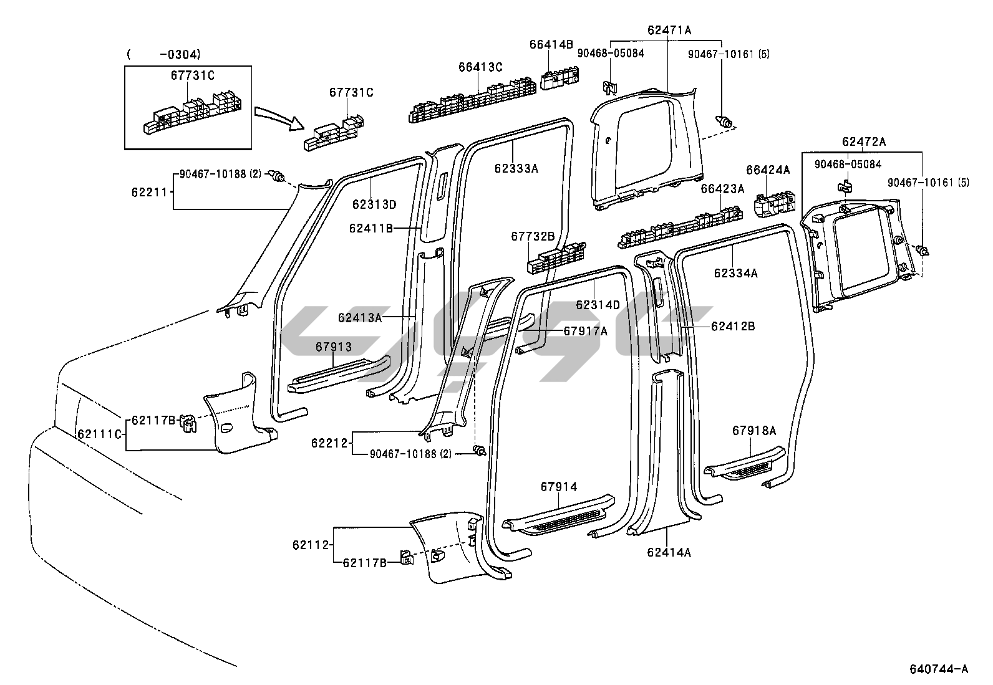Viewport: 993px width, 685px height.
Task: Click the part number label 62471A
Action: (x=669, y=30)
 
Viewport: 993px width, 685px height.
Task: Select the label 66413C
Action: (x=480, y=67)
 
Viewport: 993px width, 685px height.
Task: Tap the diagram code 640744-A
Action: (x=938, y=669)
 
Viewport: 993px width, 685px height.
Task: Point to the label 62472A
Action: (x=863, y=141)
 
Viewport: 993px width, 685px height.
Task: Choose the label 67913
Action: (x=333, y=347)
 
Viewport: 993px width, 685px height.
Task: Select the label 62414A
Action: (x=669, y=552)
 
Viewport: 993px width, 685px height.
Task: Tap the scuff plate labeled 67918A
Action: (x=745, y=462)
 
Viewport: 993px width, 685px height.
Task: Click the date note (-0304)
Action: (x=163, y=54)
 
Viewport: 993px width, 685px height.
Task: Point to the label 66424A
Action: (x=768, y=170)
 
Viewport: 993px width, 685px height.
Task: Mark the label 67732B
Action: (x=533, y=236)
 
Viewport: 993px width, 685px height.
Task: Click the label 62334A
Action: (x=736, y=273)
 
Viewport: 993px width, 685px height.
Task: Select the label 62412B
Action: (x=733, y=326)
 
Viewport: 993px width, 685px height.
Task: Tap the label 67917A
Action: (x=585, y=331)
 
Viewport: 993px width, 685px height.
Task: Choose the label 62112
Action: (x=310, y=545)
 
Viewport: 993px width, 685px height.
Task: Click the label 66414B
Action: (x=551, y=44)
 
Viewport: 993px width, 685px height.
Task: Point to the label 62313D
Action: (x=374, y=204)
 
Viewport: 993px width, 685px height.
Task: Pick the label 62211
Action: (x=148, y=192)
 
